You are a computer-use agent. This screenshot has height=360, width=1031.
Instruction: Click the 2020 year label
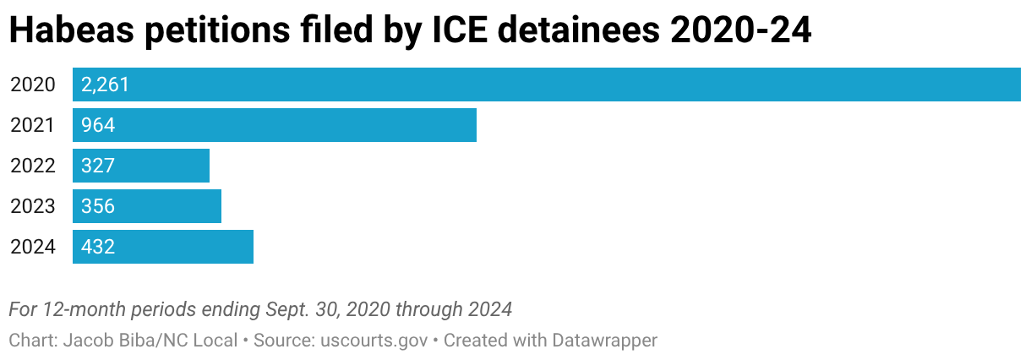click(32, 85)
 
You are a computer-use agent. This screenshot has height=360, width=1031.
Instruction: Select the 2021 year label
click(32, 125)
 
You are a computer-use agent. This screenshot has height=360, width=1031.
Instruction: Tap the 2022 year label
click(32, 166)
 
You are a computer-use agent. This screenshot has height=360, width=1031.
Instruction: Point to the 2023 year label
click(32, 206)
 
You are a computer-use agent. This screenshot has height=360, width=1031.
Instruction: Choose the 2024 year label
click(32, 247)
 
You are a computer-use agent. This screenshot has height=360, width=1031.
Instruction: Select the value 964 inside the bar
click(98, 125)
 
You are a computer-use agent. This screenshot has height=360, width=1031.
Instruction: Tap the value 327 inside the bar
click(98, 166)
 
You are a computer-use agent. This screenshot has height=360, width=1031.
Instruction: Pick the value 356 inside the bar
click(98, 206)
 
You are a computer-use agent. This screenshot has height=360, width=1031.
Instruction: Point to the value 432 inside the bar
click(98, 247)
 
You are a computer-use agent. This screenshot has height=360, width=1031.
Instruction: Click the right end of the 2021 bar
click(475, 125)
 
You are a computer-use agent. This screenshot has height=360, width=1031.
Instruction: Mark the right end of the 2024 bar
click(252, 247)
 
